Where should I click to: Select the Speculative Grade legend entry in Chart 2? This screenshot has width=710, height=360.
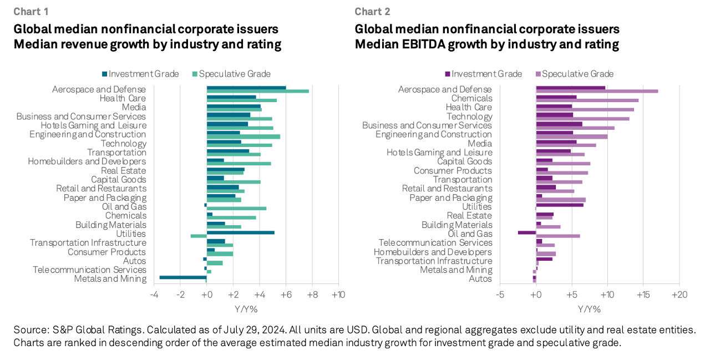click(577, 74)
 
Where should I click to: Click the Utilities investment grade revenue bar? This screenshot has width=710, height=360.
click(240, 232)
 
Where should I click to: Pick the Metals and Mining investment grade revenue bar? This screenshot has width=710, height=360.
click(183, 277)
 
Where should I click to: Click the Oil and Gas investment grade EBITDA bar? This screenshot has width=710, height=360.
click(527, 232)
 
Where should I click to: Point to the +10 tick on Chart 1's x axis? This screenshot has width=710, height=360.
click(338, 295)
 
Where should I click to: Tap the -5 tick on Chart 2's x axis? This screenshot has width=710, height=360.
click(500, 295)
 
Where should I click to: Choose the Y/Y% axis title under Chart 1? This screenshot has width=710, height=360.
click(246, 308)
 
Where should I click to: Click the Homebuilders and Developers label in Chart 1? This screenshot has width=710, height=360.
click(87, 161)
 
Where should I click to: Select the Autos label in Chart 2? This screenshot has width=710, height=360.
click(480, 278)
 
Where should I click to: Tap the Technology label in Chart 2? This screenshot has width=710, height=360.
click(469, 116)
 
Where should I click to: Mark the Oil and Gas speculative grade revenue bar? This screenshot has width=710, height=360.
click(236, 209)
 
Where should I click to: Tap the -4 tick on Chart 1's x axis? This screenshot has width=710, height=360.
click(154, 295)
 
